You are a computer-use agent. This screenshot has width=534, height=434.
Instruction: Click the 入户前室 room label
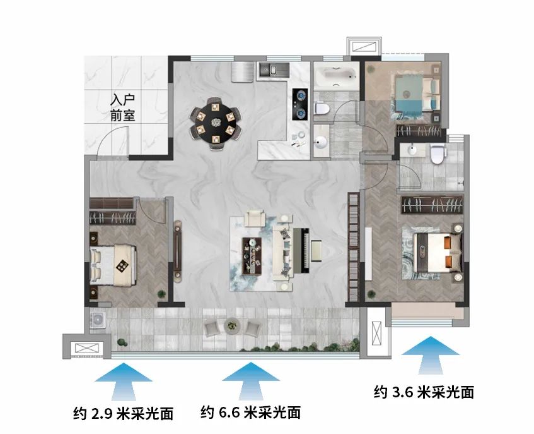click(122, 107)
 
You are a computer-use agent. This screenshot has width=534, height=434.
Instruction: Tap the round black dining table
click(215, 122)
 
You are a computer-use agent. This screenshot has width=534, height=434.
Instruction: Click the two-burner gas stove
click(300, 104)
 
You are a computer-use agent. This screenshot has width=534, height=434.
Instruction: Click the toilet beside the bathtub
click(322, 108)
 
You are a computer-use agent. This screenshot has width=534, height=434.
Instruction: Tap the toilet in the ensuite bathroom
click(438, 154)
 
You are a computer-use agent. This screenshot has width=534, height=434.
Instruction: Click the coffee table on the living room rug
click(252, 256)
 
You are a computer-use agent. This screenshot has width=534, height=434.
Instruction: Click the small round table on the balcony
click(232, 325)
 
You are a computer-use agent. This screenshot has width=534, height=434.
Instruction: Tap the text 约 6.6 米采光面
click(251, 413)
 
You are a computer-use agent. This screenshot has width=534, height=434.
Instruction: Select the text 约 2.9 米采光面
click(124, 414)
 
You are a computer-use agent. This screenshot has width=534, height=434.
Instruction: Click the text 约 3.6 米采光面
click(424, 392)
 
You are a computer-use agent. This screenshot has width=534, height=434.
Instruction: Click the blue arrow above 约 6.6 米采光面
click(251, 381)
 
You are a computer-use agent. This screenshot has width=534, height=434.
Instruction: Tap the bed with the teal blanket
click(417, 93)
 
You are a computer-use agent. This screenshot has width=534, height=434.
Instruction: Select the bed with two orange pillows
click(437, 253)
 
